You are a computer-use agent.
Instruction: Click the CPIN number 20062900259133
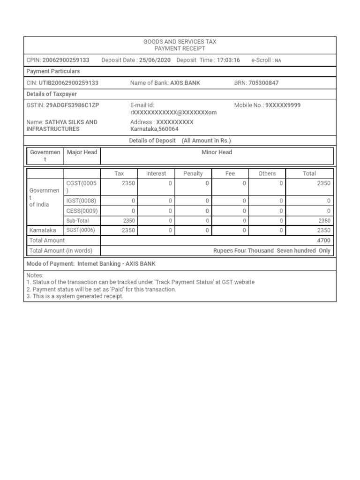pos(66,60)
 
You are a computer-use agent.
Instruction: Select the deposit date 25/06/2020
pos(155,60)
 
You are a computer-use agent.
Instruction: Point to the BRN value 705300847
pos(264,83)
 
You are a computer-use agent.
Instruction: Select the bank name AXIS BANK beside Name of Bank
pos(185,83)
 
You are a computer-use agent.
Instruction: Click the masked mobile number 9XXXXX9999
pos(283,105)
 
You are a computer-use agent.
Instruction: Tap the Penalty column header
pos(193,173)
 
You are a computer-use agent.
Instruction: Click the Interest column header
pos(156,173)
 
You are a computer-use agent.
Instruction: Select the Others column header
pos(267,173)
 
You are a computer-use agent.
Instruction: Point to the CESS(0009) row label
pos(82,210)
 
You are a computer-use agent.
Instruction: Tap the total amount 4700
pos(323,240)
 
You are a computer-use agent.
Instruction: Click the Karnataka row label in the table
pos(43,230)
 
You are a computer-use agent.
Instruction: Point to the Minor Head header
pos(217,152)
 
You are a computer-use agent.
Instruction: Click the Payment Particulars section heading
pos(53,71)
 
